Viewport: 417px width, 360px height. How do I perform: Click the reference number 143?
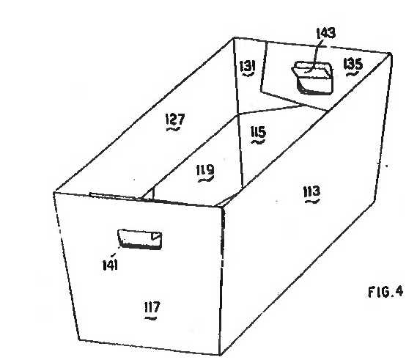pyautogui.click(x=326, y=33)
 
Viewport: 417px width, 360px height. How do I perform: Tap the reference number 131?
pyautogui.click(x=248, y=66)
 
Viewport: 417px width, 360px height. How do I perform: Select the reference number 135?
pyautogui.click(x=353, y=64)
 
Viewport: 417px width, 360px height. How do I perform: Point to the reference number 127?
pyautogui.click(x=175, y=119)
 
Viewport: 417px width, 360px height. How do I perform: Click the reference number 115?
pyautogui.click(x=258, y=132)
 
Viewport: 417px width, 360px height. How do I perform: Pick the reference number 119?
pyautogui.click(x=205, y=170)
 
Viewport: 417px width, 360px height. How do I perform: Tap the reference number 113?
pyautogui.click(x=311, y=191)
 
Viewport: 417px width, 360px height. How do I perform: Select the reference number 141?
pyautogui.click(x=110, y=265)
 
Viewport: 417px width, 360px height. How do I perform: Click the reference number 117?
pyautogui.click(x=152, y=307)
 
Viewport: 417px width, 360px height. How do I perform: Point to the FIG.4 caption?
pyautogui.click(x=385, y=292)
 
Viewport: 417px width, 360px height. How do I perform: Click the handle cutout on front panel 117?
pyautogui.click(x=140, y=240)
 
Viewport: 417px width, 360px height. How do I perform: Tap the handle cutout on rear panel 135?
pyautogui.click(x=313, y=78)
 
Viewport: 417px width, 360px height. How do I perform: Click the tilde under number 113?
pyautogui.click(x=312, y=202)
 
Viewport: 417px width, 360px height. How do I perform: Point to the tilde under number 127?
pyautogui.click(x=174, y=129)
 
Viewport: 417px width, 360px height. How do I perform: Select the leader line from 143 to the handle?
pyautogui.click(x=314, y=55)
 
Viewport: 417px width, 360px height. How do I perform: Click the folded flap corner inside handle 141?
pyautogui.click(x=156, y=236)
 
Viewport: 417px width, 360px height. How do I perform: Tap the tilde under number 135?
pyautogui.click(x=353, y=74)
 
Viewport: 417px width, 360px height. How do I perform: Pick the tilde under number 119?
pyautogui.click(x=206, y=180)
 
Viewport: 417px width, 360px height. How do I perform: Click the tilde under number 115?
pyautogui.click(x=258, y=142)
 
